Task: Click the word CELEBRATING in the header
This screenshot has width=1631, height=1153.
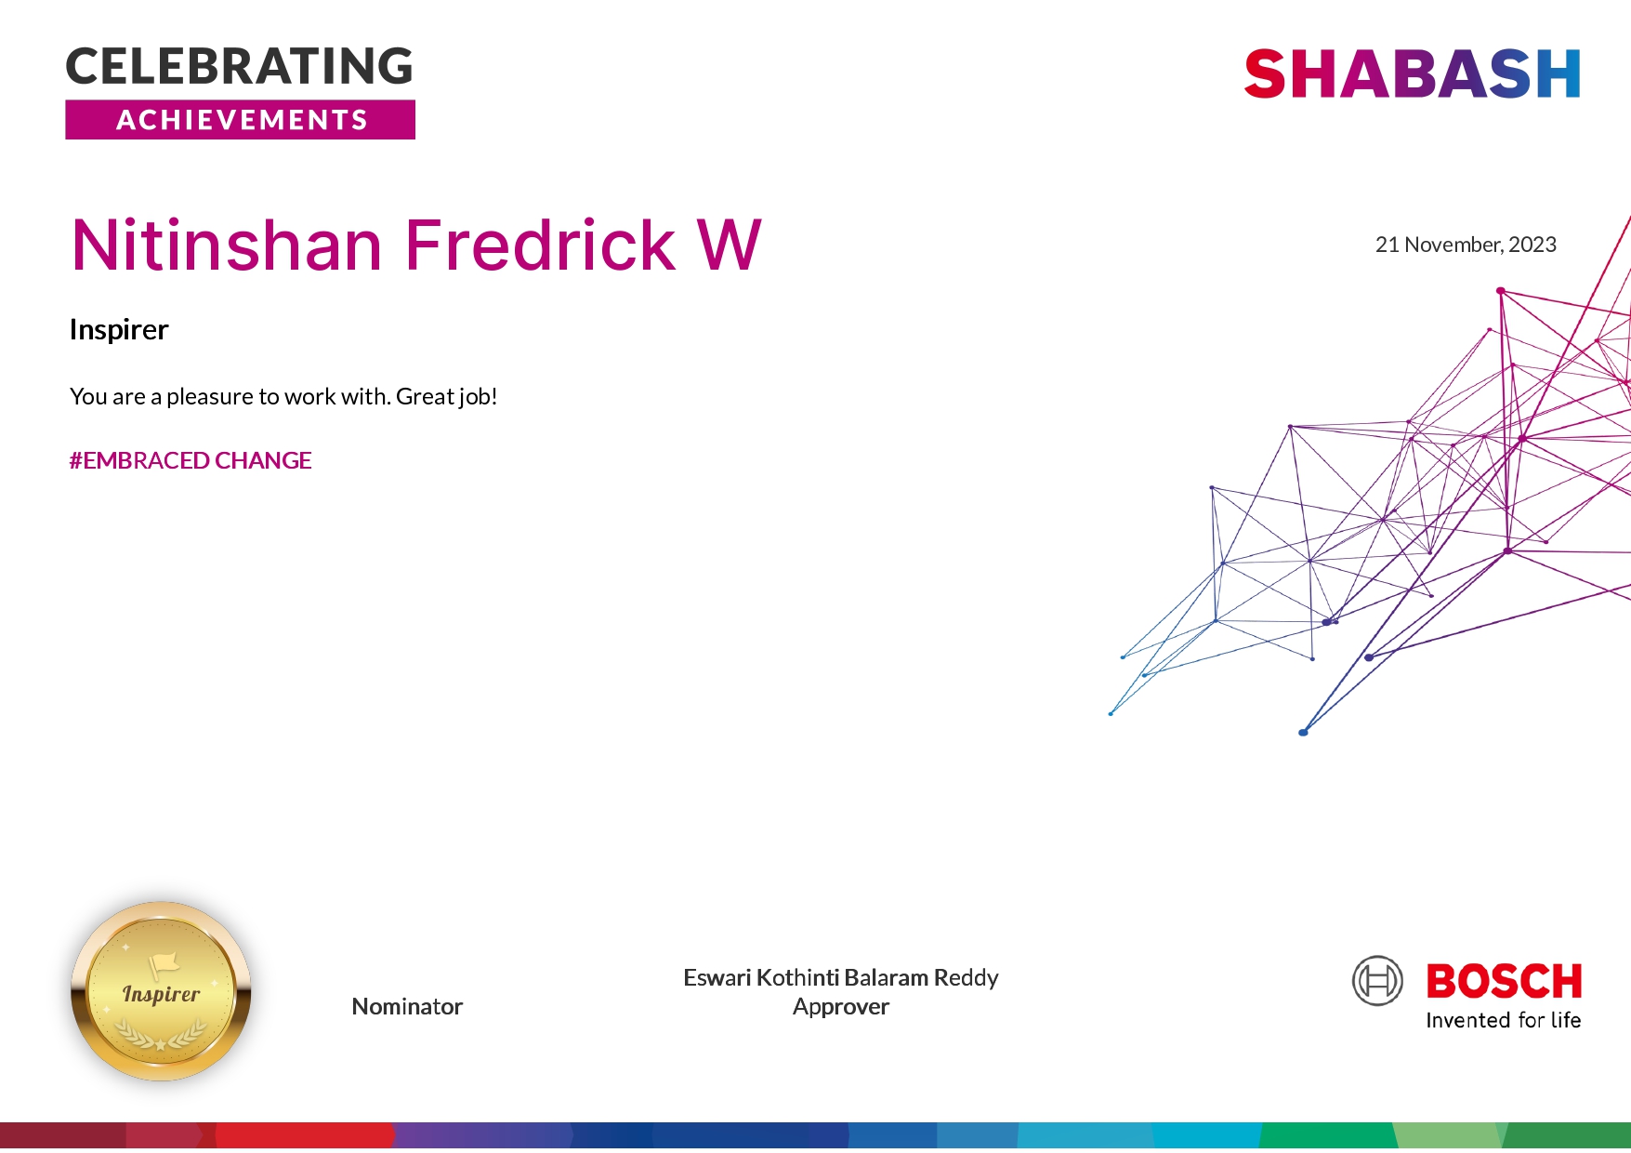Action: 239,67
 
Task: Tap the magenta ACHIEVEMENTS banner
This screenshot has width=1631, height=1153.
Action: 240,120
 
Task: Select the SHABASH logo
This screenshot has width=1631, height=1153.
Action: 1412,74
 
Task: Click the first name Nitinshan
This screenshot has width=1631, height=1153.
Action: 227,245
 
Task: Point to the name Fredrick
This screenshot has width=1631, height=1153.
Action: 540,245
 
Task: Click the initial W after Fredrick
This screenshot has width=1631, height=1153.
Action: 730,245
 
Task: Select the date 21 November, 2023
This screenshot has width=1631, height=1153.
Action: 1466,245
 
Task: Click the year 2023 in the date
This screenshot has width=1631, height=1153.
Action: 1532,245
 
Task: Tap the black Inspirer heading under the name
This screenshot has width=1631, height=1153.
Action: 119,330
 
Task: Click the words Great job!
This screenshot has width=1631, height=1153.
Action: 446,397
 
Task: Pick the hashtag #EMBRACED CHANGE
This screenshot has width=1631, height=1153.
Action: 191,460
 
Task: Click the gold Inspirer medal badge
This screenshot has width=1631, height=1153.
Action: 161,991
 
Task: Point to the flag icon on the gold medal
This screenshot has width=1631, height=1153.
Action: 164,965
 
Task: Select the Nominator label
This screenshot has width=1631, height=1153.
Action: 407,1006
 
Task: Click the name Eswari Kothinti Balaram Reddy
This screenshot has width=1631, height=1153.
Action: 840,977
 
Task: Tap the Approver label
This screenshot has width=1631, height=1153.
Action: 841,1007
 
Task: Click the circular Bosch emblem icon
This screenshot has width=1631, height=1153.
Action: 1377,981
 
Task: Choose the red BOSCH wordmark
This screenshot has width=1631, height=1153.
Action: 1504,981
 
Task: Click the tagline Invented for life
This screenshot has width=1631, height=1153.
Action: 1503,1020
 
